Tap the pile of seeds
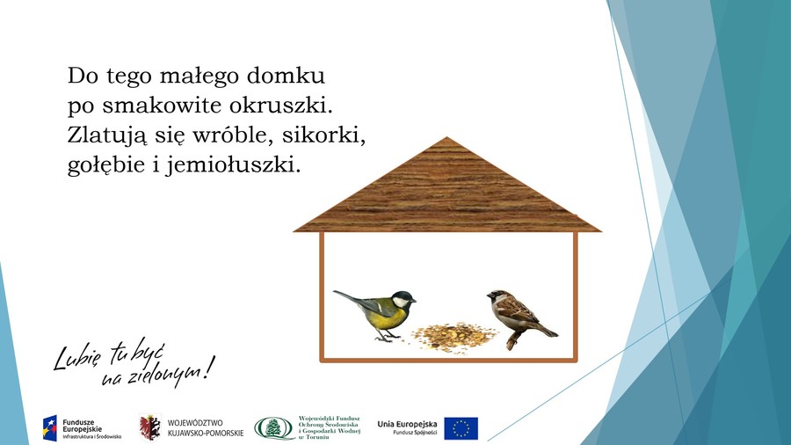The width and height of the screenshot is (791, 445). pos(454,337)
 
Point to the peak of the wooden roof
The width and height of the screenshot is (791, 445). pos(447,137)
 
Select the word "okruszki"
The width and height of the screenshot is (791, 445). pos(281,106)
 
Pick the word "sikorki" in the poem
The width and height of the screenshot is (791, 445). pos(323,135)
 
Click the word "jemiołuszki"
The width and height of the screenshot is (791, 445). pos(233,165)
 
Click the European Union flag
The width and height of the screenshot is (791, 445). pos(461,428)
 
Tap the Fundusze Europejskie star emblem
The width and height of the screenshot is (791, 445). pos(50,428)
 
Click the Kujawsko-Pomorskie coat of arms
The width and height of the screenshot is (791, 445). pos(150,427)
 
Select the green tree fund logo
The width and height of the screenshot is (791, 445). pos(274,428)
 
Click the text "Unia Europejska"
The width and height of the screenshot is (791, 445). pos(407,424)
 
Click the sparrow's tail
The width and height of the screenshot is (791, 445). pos(547,331)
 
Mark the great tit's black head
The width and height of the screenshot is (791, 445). pos(403,299)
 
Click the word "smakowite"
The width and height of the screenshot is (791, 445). pos(162,106)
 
